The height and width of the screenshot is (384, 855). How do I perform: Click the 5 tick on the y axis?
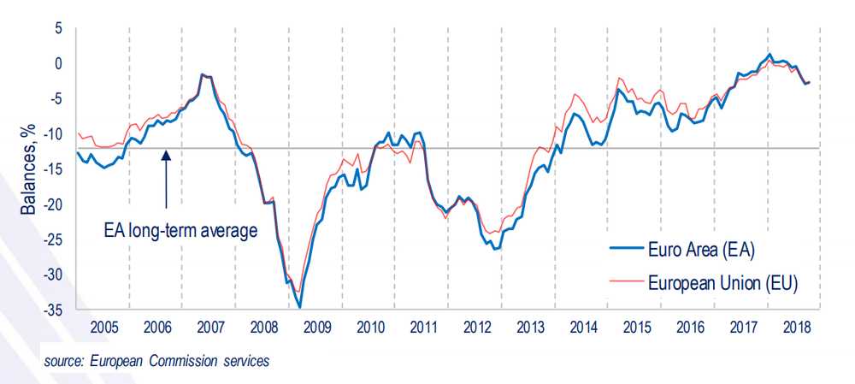[x=59, y=28]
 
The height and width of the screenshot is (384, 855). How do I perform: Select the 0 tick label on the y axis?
[x=59, y=63]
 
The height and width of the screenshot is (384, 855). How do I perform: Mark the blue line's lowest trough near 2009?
[x=299, y=307]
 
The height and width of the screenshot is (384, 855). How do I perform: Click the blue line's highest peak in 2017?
[x=769, y=55]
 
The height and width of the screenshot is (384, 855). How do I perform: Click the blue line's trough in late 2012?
[x=495, y=249]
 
